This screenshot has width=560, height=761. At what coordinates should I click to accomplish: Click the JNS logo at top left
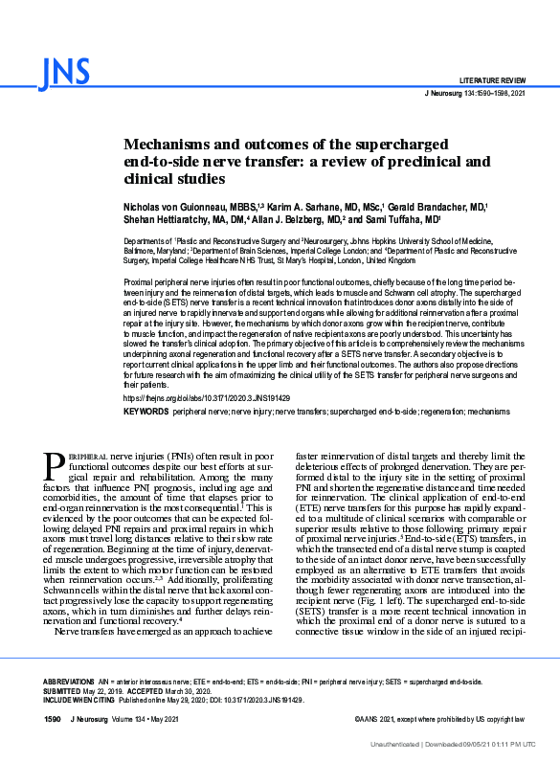coord(66,72)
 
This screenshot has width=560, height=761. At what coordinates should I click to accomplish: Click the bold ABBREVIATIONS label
coord(68,681)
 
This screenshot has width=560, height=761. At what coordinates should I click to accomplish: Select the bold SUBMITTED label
coord(62,689)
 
